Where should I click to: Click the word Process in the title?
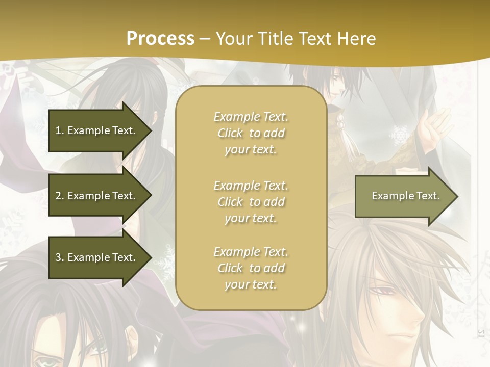(x=160, y=38)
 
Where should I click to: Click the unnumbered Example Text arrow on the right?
(x=405, y=196)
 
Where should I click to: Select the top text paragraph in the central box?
(x=251, y=133)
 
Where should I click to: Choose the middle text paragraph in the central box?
(x=251, y=202)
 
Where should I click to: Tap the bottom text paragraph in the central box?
(x=251, y=268)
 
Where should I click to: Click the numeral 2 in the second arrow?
(x=58, y=196)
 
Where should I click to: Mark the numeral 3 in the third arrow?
(x=58, y=257)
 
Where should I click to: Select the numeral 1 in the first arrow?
(x=58, y=130)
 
